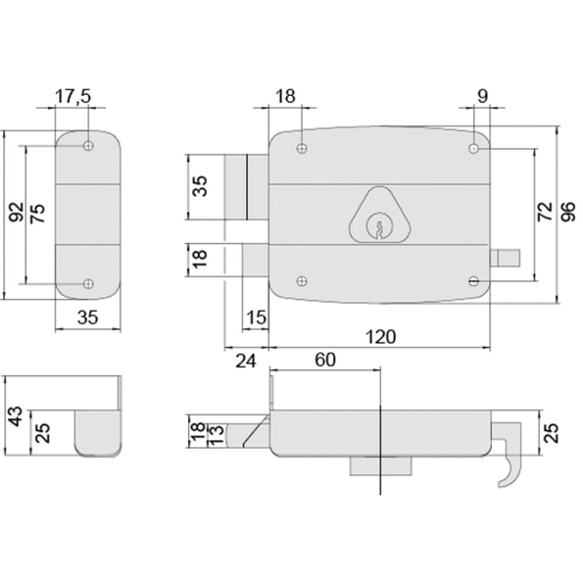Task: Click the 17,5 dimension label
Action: tap(73, 98)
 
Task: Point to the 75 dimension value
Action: tap(38, 215)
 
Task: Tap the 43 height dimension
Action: tap(14, 415)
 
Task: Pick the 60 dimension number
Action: tap(324, 360)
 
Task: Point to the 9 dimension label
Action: tap(482, 98)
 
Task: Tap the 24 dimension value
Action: tap(246, 361)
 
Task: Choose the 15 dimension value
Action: tap(256, 317)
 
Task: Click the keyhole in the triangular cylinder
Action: tap(374, 228)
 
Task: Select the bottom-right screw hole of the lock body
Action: tap(474, 280)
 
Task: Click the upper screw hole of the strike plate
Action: tap(88, 146)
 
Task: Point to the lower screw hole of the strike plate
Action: tap(88, 284)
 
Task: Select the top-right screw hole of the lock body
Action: tap(474, 149)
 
